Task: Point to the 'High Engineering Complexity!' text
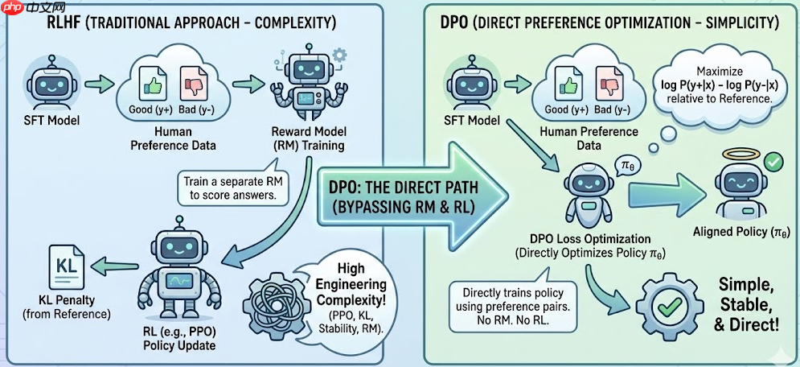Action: coord(350,285)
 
